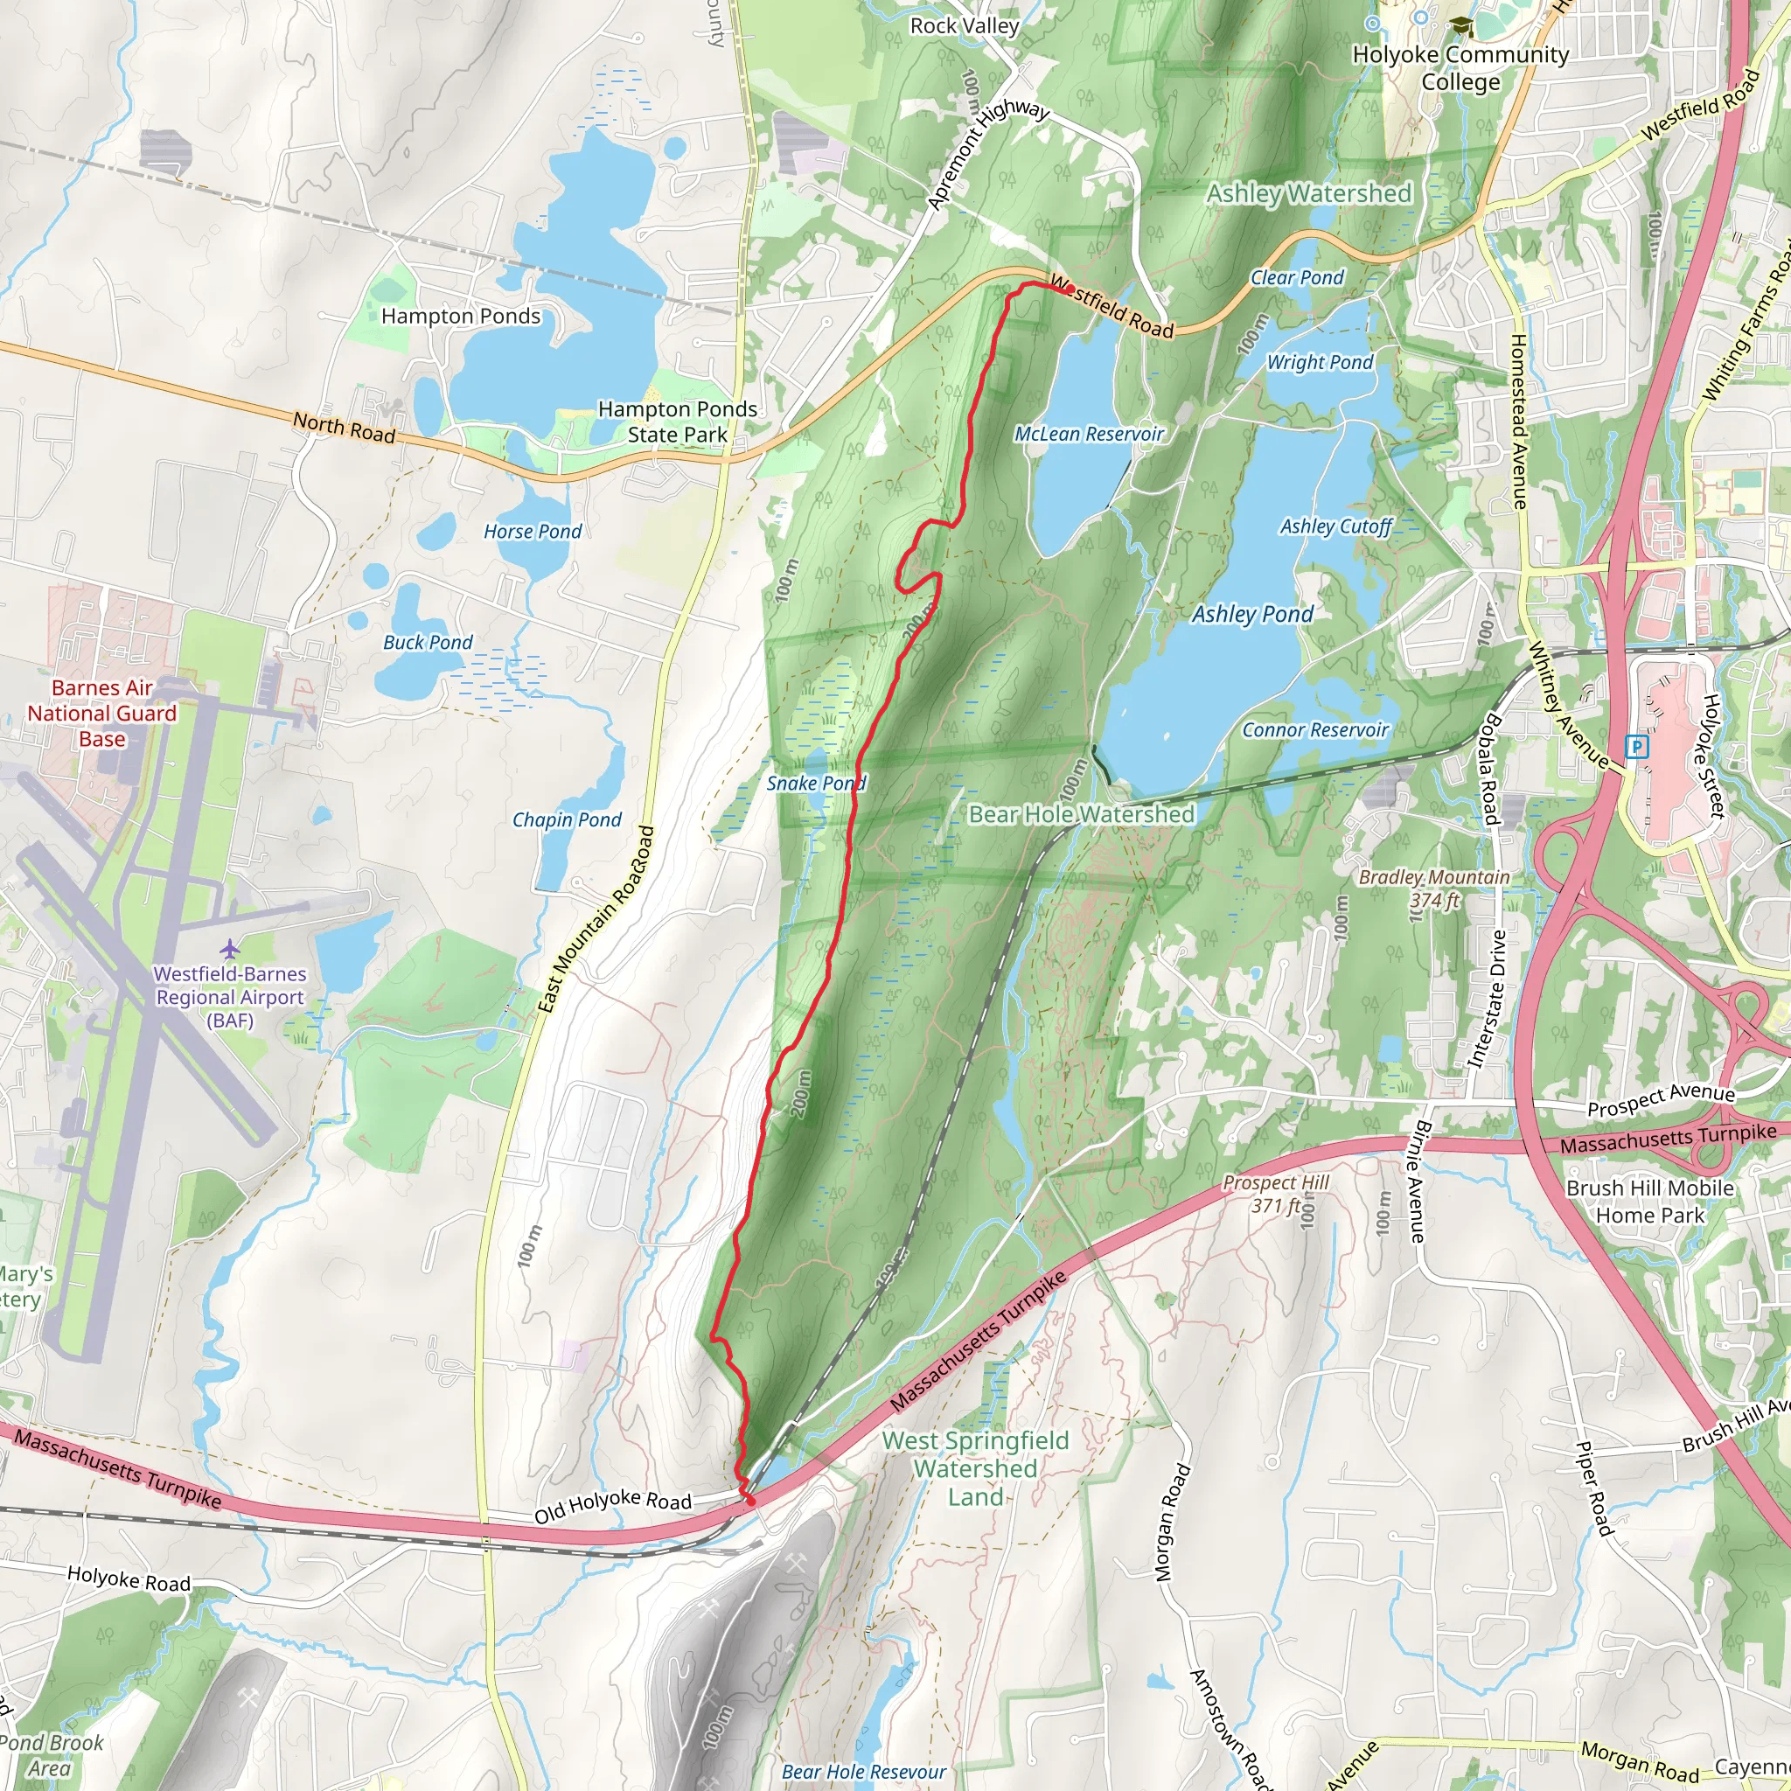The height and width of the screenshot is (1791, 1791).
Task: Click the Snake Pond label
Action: point(816,784)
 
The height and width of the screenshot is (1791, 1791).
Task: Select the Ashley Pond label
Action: point(1252,614)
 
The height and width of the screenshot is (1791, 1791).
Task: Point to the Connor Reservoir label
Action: point(1314,729)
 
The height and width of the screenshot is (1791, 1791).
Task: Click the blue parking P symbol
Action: point(1637,746)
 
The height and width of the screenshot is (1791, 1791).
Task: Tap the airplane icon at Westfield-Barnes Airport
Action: point(230,948)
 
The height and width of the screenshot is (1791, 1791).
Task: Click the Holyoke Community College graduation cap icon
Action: point(1462,28)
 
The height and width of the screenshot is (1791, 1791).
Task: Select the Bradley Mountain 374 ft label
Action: point(1434,889)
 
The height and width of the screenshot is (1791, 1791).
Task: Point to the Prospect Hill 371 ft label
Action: point(1277,1194)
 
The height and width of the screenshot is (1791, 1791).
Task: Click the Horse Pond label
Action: point(533,531)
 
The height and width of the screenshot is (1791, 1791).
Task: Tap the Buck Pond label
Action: point(428,643)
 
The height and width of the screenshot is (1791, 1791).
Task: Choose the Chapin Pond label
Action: point(567,819)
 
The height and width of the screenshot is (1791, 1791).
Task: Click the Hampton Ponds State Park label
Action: point(678,422)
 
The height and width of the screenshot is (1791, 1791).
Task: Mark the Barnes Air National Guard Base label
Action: point(102,713)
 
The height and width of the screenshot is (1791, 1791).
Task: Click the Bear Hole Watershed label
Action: point(1081,814)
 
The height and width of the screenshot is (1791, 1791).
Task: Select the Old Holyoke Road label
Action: point(613,1506)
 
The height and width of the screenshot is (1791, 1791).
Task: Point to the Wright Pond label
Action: point(1319,362)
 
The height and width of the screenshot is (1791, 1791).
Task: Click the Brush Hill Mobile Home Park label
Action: point(1650,1202)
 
